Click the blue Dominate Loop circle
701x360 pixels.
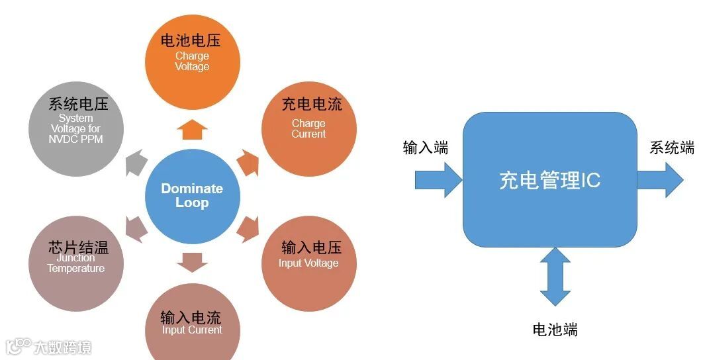[192, 196]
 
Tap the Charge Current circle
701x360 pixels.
[309, 126]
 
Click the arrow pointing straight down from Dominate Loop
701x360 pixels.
[192, 263]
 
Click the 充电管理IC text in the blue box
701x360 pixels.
[549, 181]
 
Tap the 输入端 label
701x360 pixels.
[426, 148]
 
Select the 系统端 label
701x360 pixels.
[671, 148]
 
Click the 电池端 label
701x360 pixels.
[555, 330]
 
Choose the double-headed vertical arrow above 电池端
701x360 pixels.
[555, 277]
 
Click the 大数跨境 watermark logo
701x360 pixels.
[49, 347]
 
